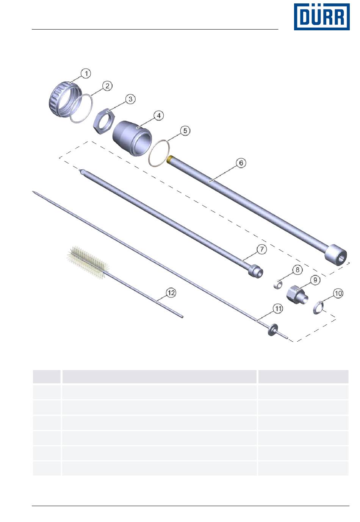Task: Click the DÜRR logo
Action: [321, 17]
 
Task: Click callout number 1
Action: [86, 73]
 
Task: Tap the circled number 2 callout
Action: [107, 86]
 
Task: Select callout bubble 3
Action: [130, 99]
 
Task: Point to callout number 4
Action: [158, 116]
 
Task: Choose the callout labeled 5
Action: [185, 131]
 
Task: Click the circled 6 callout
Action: [241, 163]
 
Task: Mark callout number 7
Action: [261, 249]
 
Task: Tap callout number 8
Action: [297, 270]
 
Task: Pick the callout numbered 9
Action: [315, 280]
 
